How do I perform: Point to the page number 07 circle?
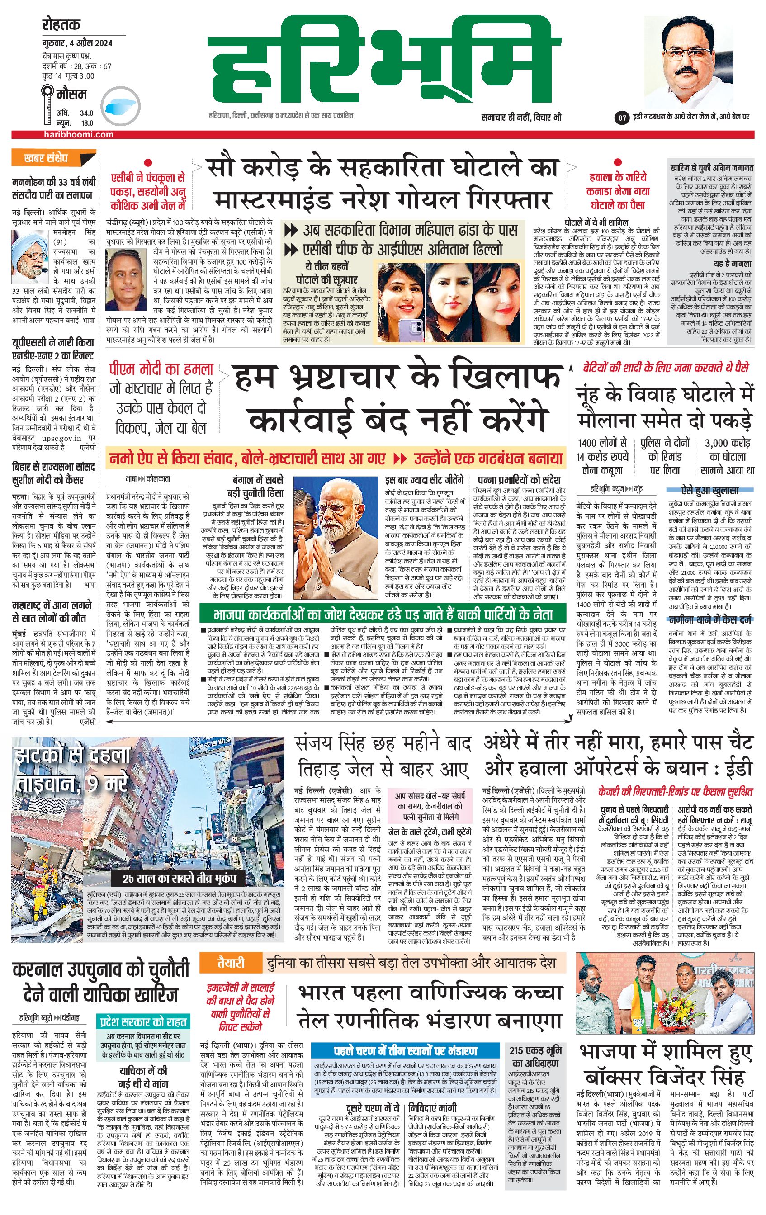coord(622,118)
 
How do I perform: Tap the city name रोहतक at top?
coord(61,25)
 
